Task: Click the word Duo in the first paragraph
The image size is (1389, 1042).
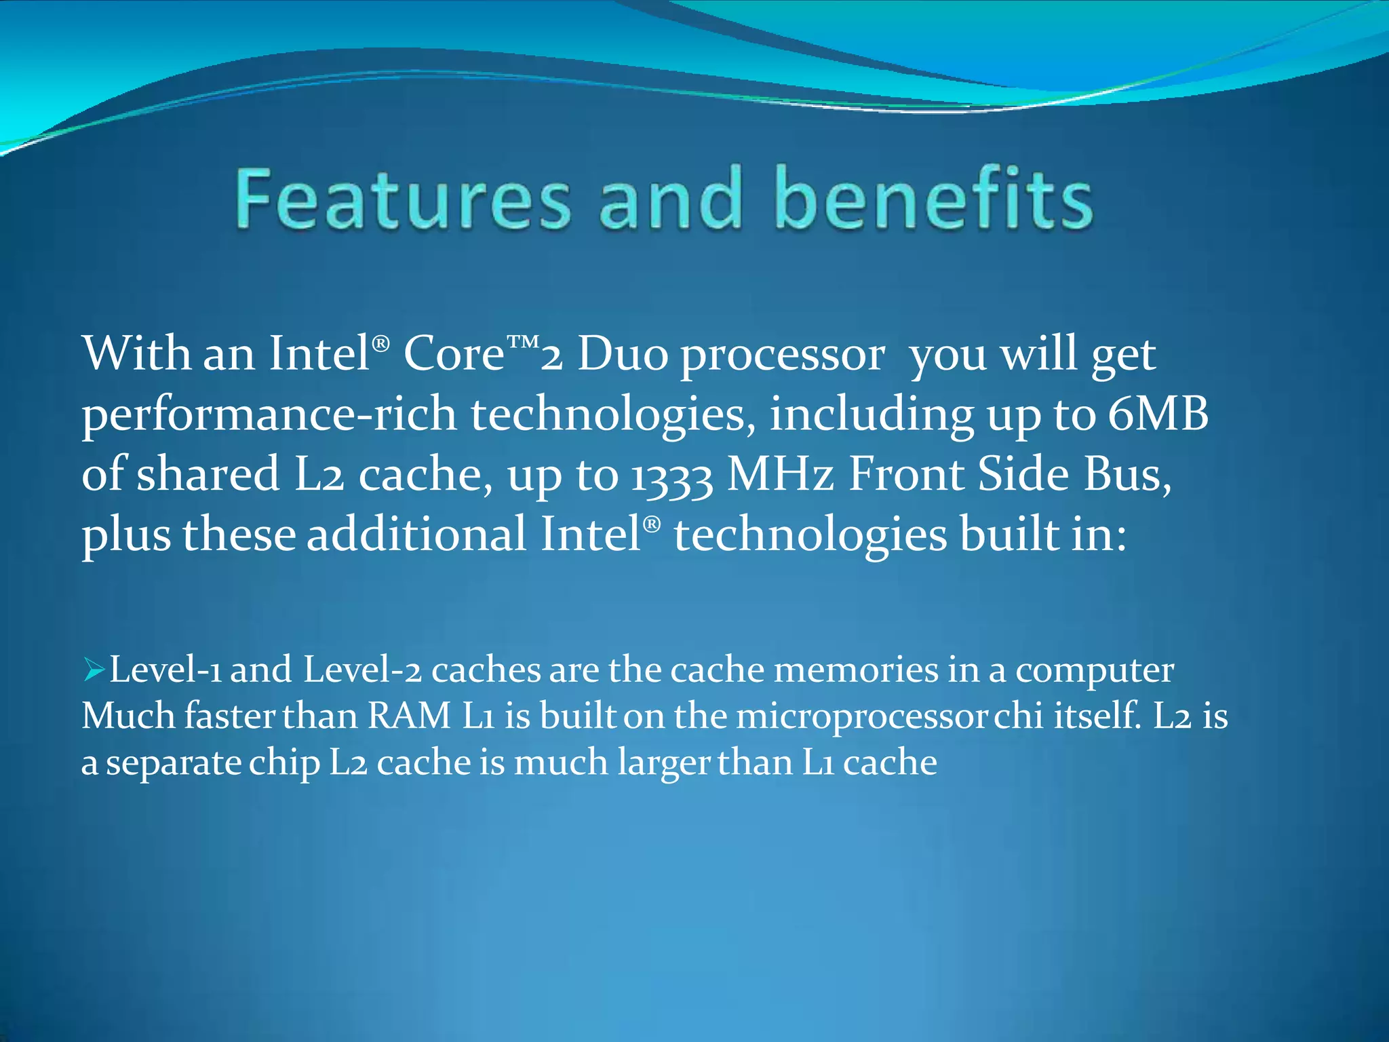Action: point(623,354)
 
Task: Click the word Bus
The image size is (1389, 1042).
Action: point(1126,475)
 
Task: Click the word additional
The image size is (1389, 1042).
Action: point(416,534)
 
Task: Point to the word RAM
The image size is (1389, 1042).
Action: point(410,716)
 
